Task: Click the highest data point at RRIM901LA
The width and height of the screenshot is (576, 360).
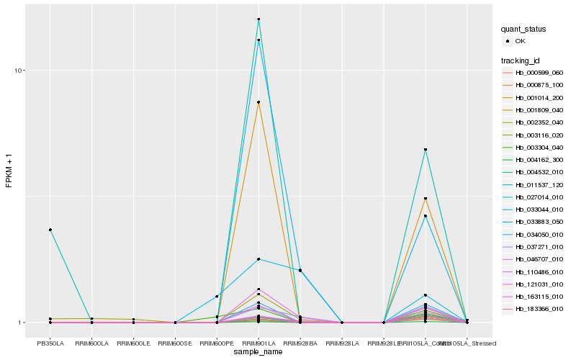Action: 258,19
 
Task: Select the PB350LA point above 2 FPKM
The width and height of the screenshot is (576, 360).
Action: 50,230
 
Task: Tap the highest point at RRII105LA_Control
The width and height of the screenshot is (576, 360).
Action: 426,150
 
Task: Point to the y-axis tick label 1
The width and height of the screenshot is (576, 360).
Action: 23,323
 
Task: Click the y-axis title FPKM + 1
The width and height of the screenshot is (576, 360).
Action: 9,171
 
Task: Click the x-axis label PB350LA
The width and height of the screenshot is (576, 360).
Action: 50,343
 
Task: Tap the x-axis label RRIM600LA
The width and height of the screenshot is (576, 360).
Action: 91,343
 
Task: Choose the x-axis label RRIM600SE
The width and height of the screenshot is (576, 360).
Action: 175,343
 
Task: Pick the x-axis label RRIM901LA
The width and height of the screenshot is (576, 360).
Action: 258,343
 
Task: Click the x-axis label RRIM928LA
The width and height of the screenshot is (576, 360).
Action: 342,343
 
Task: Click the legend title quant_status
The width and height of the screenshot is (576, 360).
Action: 523,29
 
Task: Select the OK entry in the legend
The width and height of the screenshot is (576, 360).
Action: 521,41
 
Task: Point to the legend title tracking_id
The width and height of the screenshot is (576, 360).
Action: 521,60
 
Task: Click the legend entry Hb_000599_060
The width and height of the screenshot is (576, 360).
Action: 539,73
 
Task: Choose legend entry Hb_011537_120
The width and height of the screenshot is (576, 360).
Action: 539,184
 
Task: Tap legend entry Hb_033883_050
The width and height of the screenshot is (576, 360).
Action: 539,222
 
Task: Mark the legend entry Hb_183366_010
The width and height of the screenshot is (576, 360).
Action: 539,309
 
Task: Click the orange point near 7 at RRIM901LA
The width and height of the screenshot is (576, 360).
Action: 258,102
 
